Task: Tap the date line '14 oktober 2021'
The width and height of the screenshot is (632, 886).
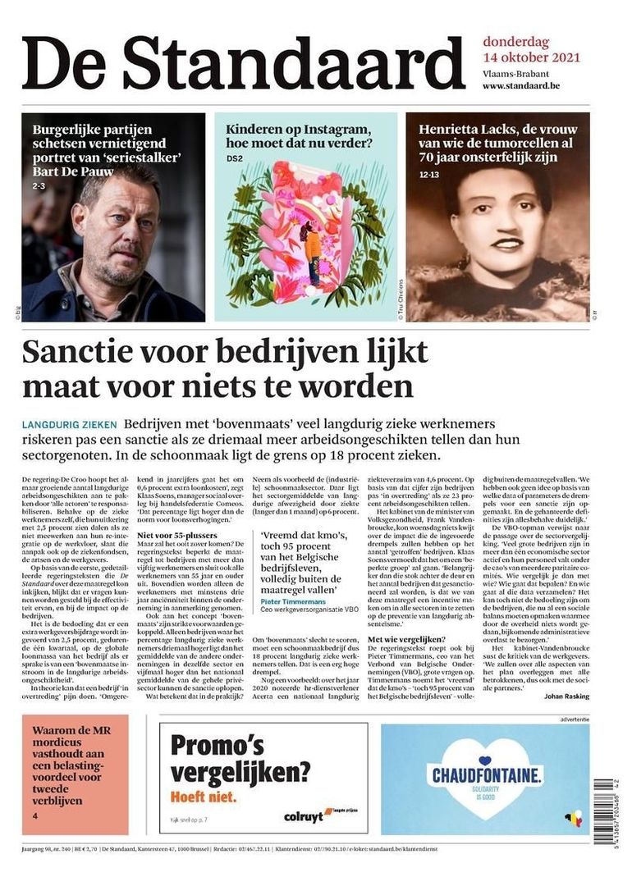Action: (531, 57)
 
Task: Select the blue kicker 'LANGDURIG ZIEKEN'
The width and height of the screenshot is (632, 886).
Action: (70, 425)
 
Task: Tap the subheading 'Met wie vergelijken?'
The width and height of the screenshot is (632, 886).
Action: (409, 639)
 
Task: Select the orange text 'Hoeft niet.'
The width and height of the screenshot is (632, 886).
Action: (203, 796)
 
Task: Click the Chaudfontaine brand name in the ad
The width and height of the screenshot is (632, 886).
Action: (484, 774)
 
